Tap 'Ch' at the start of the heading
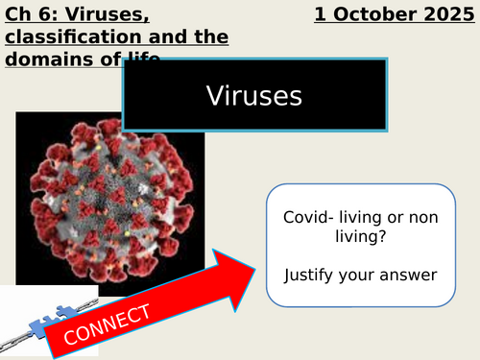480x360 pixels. (x=15, y=15)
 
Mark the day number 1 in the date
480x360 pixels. (x=319, y=15)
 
